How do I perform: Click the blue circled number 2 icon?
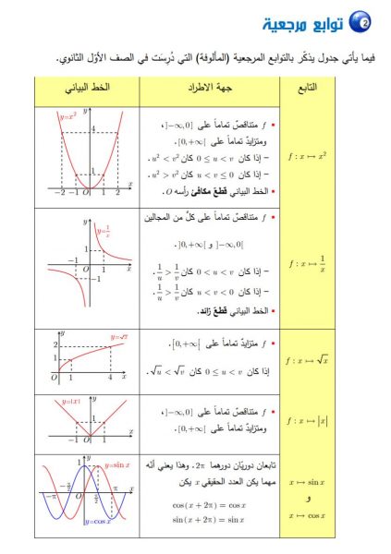pyautogui.click(x=363, y=19)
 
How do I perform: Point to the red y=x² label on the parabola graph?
pyautogui.click(x=67, y=117)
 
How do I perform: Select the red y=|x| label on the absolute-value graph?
pyautogui.click(x=65, y=403)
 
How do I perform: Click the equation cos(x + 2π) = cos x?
pyautogui.click(x=211, y=504)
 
